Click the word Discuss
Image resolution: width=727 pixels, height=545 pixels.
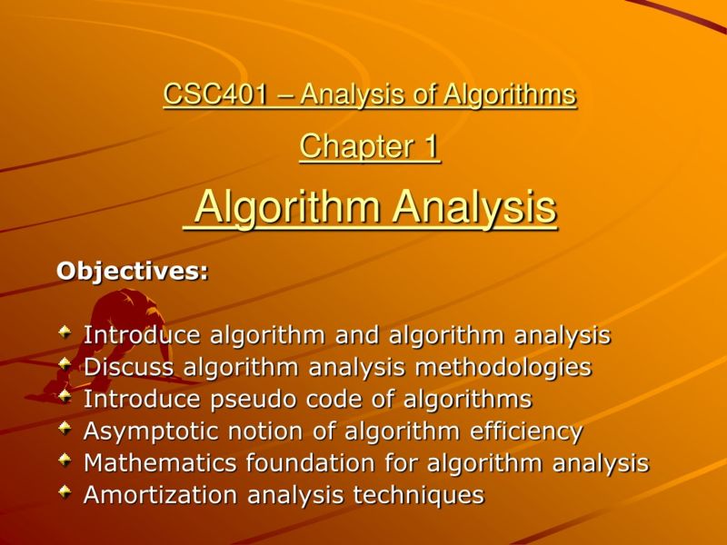[129, 367]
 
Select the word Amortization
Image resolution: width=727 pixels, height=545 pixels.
[152, 495]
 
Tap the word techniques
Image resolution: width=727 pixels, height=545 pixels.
[428, 495]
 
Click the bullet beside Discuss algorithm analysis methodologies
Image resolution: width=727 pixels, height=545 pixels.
[65, 365]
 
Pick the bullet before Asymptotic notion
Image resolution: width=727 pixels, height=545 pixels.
[65, 429]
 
